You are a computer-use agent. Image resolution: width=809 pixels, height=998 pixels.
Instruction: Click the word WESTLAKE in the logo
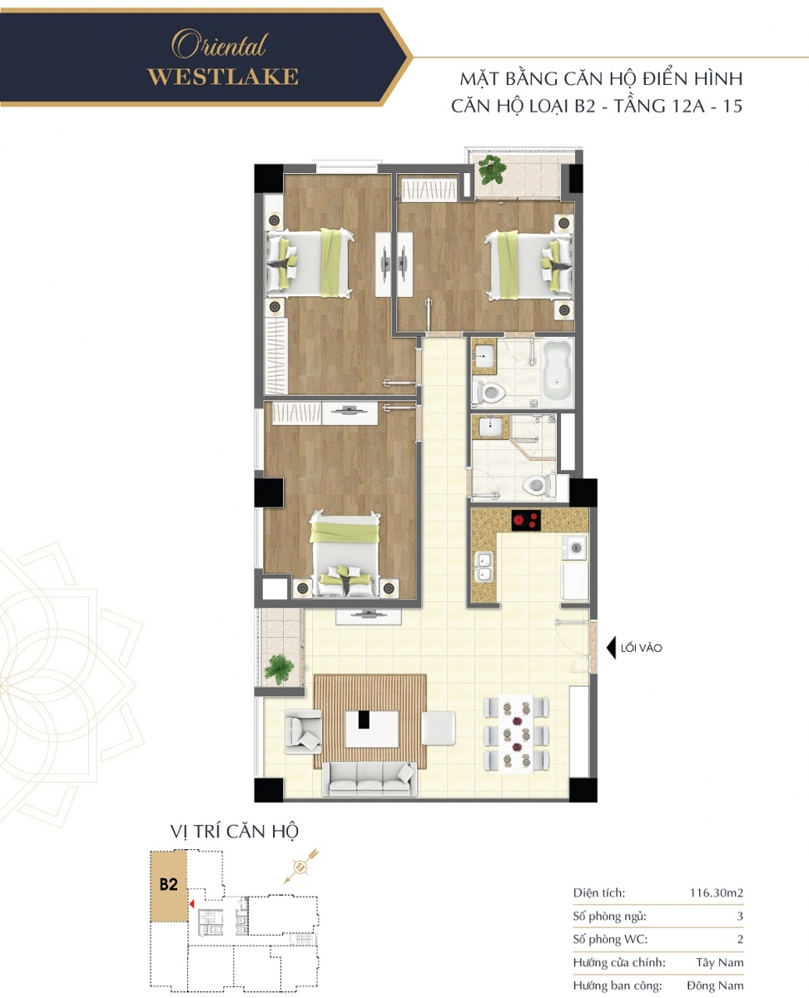click(x=223, y=77)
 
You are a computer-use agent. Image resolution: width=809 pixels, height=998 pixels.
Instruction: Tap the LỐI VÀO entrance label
click(x=641, y=648)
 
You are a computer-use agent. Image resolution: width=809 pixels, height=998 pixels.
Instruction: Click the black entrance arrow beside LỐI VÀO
click(x=611, y=648)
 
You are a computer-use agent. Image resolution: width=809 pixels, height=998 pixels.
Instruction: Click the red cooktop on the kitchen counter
click(x=526, y=521)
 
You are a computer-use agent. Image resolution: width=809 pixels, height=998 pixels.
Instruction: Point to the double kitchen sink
click(x=484, y=567)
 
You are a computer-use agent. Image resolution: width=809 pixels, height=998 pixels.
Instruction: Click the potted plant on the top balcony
click(x=492, y=169)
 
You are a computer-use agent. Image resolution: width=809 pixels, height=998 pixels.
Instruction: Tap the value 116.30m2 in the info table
click(x=716, y=892)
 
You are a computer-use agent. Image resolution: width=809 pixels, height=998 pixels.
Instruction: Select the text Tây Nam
click(x=719, y=962)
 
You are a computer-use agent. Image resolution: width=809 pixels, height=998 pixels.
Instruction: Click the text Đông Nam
click(x=715, y=986)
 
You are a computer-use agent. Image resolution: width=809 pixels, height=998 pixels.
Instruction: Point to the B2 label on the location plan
click(x=168, y=884)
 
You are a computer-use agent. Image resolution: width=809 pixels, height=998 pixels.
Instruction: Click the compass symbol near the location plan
click(x=300, y=867)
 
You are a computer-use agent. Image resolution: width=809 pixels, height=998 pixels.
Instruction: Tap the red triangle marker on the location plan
click(x=191, y=904)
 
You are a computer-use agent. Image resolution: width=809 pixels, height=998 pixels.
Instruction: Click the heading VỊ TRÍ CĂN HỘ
click(x=234, y=832)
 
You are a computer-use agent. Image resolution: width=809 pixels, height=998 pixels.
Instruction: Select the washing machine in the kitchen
click(x=574, y=547)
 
